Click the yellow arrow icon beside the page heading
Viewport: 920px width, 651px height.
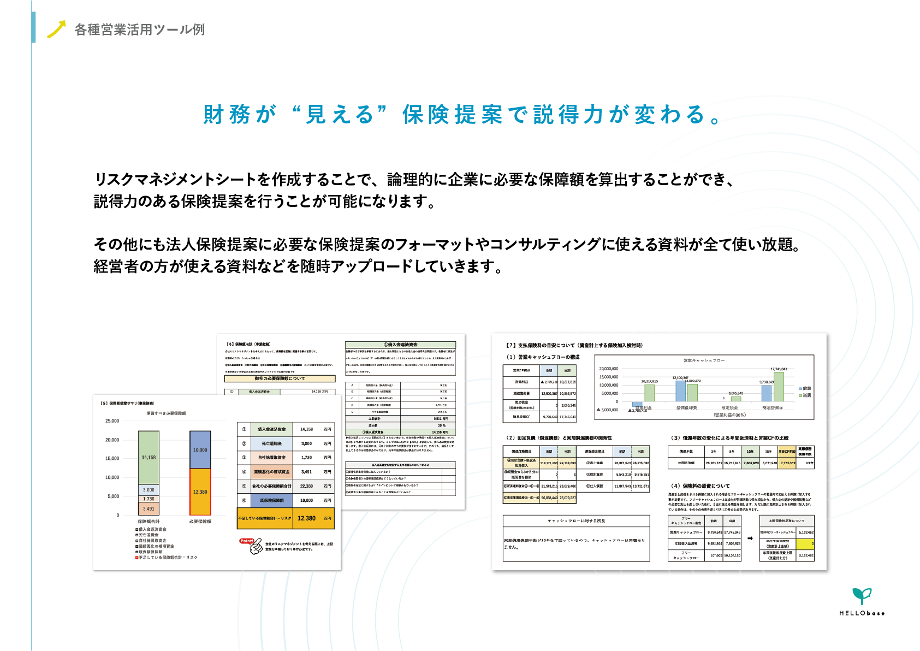[x=56, y=29]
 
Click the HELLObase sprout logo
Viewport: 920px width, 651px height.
[x=862, y=596]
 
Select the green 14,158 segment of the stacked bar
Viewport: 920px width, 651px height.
[x=149, y=457]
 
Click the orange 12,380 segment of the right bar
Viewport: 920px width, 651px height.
[x=200, y=492]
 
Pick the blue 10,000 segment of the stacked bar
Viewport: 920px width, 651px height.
[x=200, y=449]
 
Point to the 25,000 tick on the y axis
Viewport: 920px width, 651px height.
[x=112, y=421]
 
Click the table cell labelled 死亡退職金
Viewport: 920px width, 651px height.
[x=271, y=443]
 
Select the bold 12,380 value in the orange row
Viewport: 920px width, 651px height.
[x=306, y=518]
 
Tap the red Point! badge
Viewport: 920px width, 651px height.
[x=247, y=541]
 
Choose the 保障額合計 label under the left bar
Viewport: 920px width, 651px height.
[x=149, y=522]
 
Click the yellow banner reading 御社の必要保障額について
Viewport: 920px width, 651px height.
[x=280, y=378]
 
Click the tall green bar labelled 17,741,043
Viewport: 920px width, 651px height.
[x=779, y=387]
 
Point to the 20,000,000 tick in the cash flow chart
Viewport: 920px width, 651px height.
[x=608, y=369]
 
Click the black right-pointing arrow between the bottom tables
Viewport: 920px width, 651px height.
[x=750, y=538]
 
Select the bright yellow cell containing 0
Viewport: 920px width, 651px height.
[x=805, y=544]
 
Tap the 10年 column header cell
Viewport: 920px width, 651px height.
[x=750, y=452]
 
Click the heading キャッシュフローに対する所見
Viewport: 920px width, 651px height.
[x=576, y=521]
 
